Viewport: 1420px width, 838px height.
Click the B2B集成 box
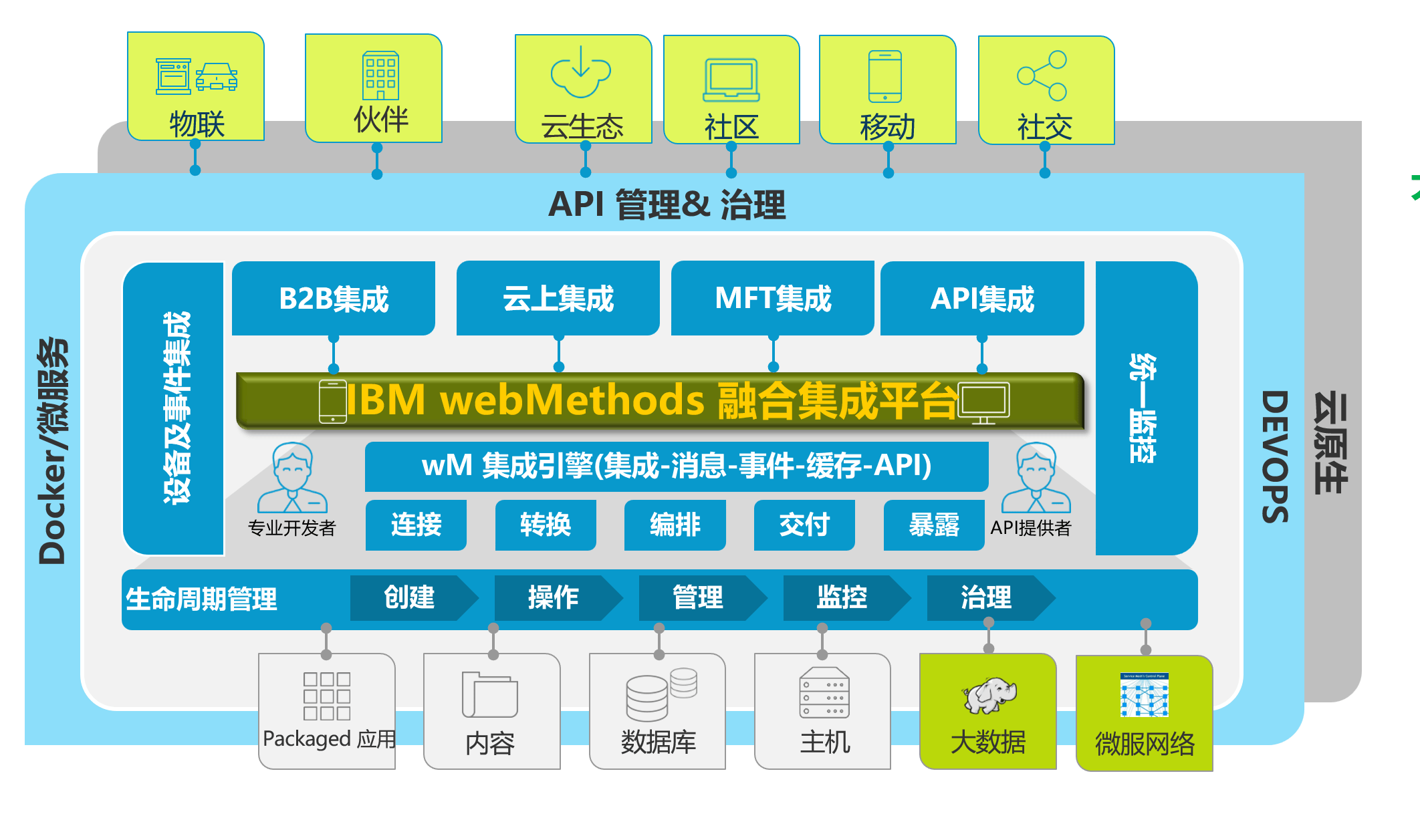point(334,298)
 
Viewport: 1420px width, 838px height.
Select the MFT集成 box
point(772,298)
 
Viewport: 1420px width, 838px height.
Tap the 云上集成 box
point(558,298)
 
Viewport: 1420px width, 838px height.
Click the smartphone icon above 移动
point(884,76)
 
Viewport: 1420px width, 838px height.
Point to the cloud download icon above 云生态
point(580,72)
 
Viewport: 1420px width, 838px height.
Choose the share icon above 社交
point(1042,76)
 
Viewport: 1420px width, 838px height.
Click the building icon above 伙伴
point(380,76)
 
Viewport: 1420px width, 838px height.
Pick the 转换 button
point(546,525)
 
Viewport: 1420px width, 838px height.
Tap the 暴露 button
point(933,525)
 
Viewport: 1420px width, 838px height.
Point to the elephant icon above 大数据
point(989,695)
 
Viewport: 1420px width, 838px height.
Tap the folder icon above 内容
point(489,695)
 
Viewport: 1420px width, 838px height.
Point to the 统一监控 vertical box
point(1146,408)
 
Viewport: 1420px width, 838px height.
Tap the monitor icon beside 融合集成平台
point(983,403)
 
